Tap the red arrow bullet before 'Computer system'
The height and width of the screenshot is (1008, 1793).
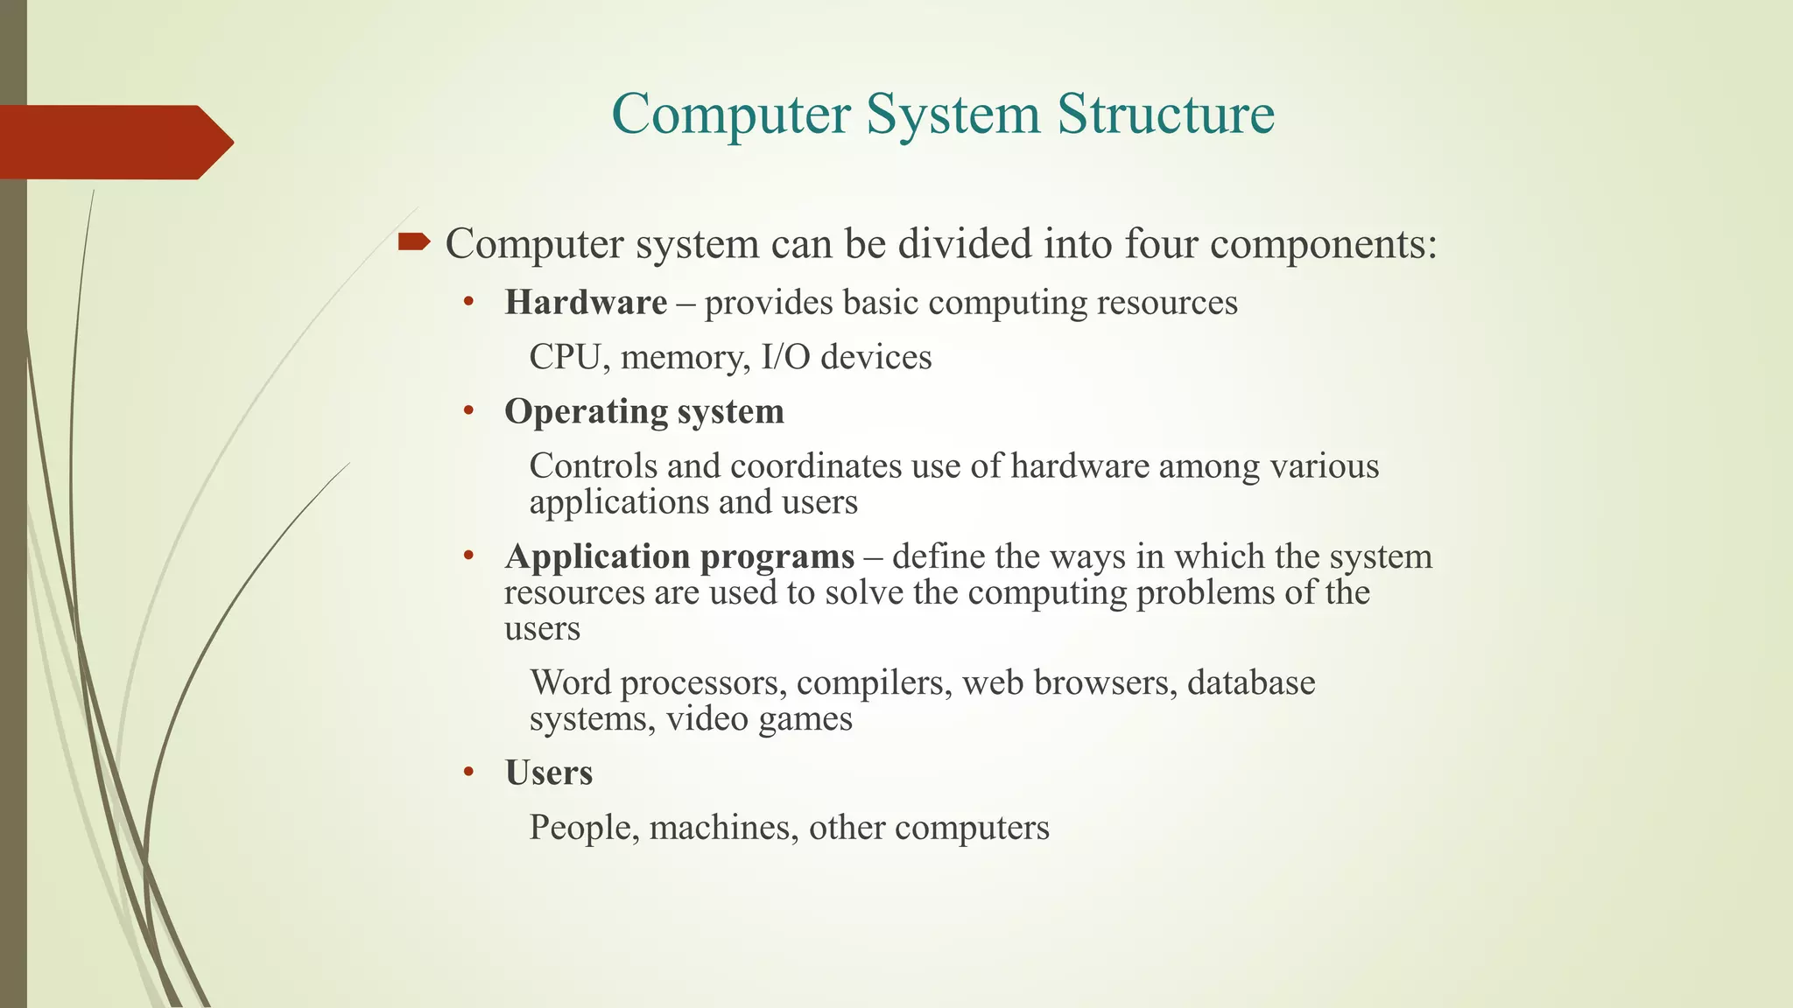point(413,241)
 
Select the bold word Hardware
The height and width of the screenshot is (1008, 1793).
point(586,303)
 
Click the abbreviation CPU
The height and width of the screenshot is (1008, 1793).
point(565,357)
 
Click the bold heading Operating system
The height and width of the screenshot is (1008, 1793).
point(644,411)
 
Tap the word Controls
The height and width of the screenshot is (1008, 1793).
point(593,465)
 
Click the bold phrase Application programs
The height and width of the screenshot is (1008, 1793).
point(679,556)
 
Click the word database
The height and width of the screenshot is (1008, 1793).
point(1250,682)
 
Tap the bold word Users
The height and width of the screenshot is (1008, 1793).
point(549,773)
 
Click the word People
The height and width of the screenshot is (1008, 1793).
point(583,828)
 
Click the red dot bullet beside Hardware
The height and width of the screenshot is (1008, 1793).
point(469,303)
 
